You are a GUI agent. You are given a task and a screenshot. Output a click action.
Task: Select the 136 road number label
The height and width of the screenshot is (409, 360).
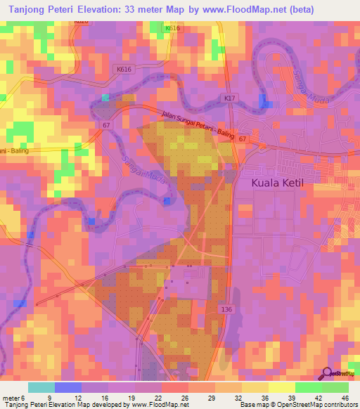coord(226,309)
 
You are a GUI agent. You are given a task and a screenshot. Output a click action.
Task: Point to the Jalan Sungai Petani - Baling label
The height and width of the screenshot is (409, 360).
coord(197,126)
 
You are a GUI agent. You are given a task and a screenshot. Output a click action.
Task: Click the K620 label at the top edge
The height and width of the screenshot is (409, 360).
coord(81,22)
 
